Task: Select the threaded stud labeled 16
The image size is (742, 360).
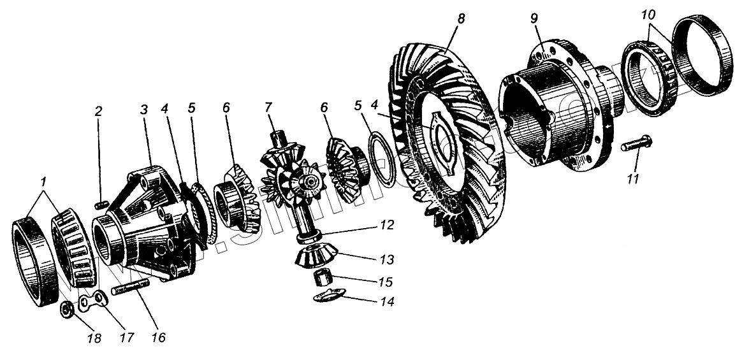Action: [x=131, y=292]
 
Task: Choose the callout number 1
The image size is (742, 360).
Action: [x=43, y=182]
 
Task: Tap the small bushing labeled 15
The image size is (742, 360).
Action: [x=323, y=278]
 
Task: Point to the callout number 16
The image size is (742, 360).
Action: [x=157, y=337]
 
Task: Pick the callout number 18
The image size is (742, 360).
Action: [x=94, y=338]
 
